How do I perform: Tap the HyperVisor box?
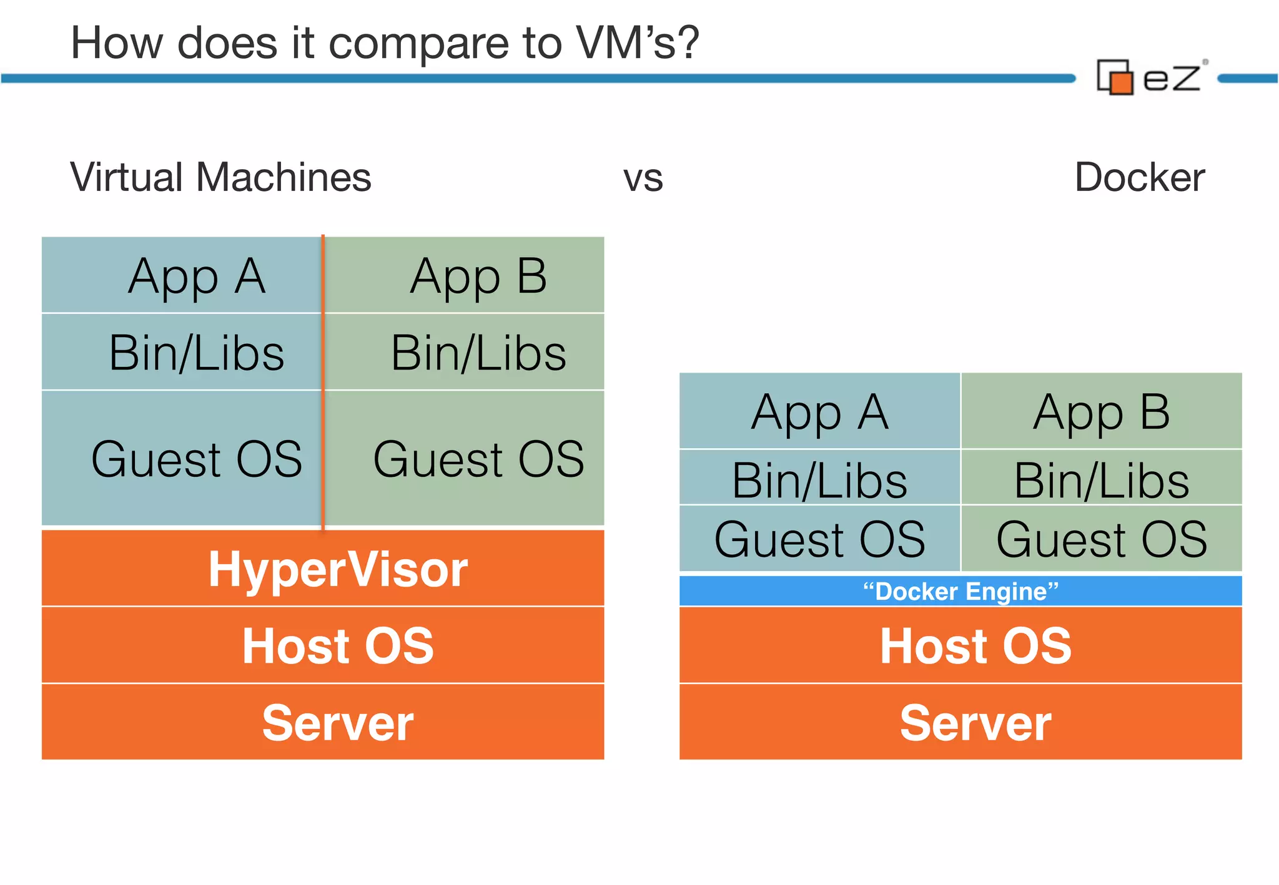pos(323,568)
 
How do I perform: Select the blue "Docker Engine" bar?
pos(960,591)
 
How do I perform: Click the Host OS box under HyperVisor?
pos(323,645)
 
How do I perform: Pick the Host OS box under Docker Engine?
pos(960,645)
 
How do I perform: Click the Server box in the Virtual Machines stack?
pos(323,722)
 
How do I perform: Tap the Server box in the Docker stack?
pos(960,722)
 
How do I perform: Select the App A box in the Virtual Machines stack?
pos(182,275)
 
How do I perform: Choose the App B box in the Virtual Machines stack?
pos(465,275)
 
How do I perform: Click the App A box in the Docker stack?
pos(819,411)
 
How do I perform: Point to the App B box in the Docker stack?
pos(1102,411)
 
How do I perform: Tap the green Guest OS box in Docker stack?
pos(1102,539)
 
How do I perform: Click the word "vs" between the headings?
pos(643,178)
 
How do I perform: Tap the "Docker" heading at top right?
pos(1139,177)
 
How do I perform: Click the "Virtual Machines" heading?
pos(220,177)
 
